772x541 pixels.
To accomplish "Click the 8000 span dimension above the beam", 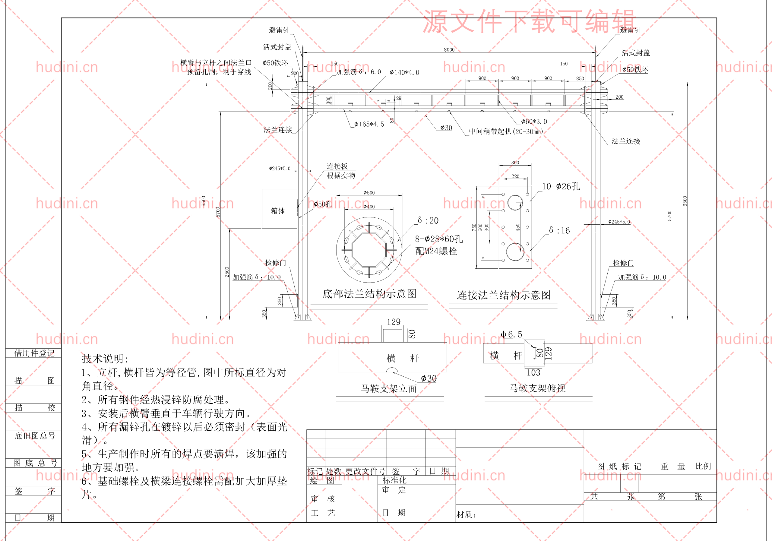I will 449,50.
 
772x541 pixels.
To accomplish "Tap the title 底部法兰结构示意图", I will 369,294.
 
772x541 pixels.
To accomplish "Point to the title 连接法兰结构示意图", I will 503,295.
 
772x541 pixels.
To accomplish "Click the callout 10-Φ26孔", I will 561,187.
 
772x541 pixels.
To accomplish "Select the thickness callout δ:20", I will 428,220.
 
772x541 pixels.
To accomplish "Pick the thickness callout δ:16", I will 559,230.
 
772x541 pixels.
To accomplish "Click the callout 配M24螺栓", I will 436,251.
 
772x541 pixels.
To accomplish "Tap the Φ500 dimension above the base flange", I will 369,193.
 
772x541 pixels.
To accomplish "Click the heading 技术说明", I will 105,359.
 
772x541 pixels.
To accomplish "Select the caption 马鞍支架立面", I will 389,389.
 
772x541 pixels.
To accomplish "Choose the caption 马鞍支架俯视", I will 537,388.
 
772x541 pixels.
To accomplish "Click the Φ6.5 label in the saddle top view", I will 511,334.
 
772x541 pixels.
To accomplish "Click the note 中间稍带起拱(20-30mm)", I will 506,131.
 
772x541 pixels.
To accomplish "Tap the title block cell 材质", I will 466,514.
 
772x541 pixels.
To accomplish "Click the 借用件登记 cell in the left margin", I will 34,353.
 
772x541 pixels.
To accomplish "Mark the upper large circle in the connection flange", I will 515,203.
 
